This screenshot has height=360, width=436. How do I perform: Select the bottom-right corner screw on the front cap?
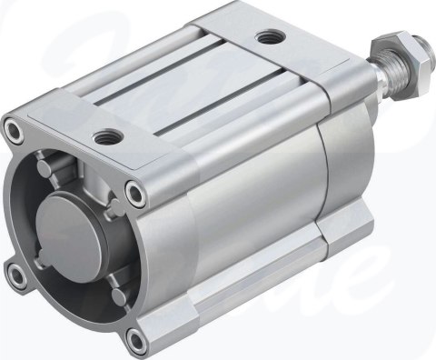tap(135, 339)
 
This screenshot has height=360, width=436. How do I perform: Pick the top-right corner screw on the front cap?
tap(136, 192)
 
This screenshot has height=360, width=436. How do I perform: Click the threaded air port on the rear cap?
tap(268, 37)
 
